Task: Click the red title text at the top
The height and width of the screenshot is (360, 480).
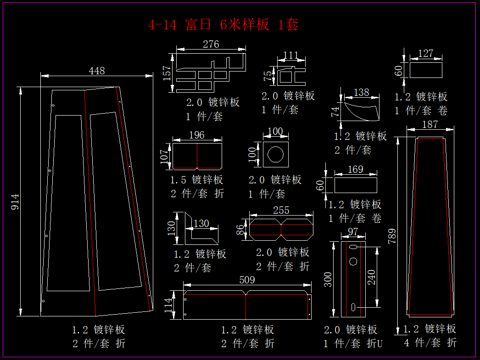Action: coord(223,25)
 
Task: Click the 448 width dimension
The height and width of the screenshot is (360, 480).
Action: coord(97,71)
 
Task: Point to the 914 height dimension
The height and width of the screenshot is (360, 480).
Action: coord(15,202)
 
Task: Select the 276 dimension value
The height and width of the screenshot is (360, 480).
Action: coord(211,44)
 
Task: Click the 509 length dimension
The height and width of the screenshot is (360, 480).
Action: coord(247,280)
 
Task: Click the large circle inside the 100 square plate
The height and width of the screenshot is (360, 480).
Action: coord(276,155)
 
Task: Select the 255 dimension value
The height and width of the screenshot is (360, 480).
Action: coord(281,210)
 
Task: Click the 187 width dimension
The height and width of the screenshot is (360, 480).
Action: coord(430,124)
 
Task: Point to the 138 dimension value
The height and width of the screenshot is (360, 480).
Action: coord(362,93)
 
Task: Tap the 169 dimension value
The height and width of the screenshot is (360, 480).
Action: coord(355,170)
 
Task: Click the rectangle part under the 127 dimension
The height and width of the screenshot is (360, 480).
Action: coord(426,70)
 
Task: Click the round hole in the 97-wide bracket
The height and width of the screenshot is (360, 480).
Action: coord(353,261)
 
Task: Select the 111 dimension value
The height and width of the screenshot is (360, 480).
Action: coord(291,55)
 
